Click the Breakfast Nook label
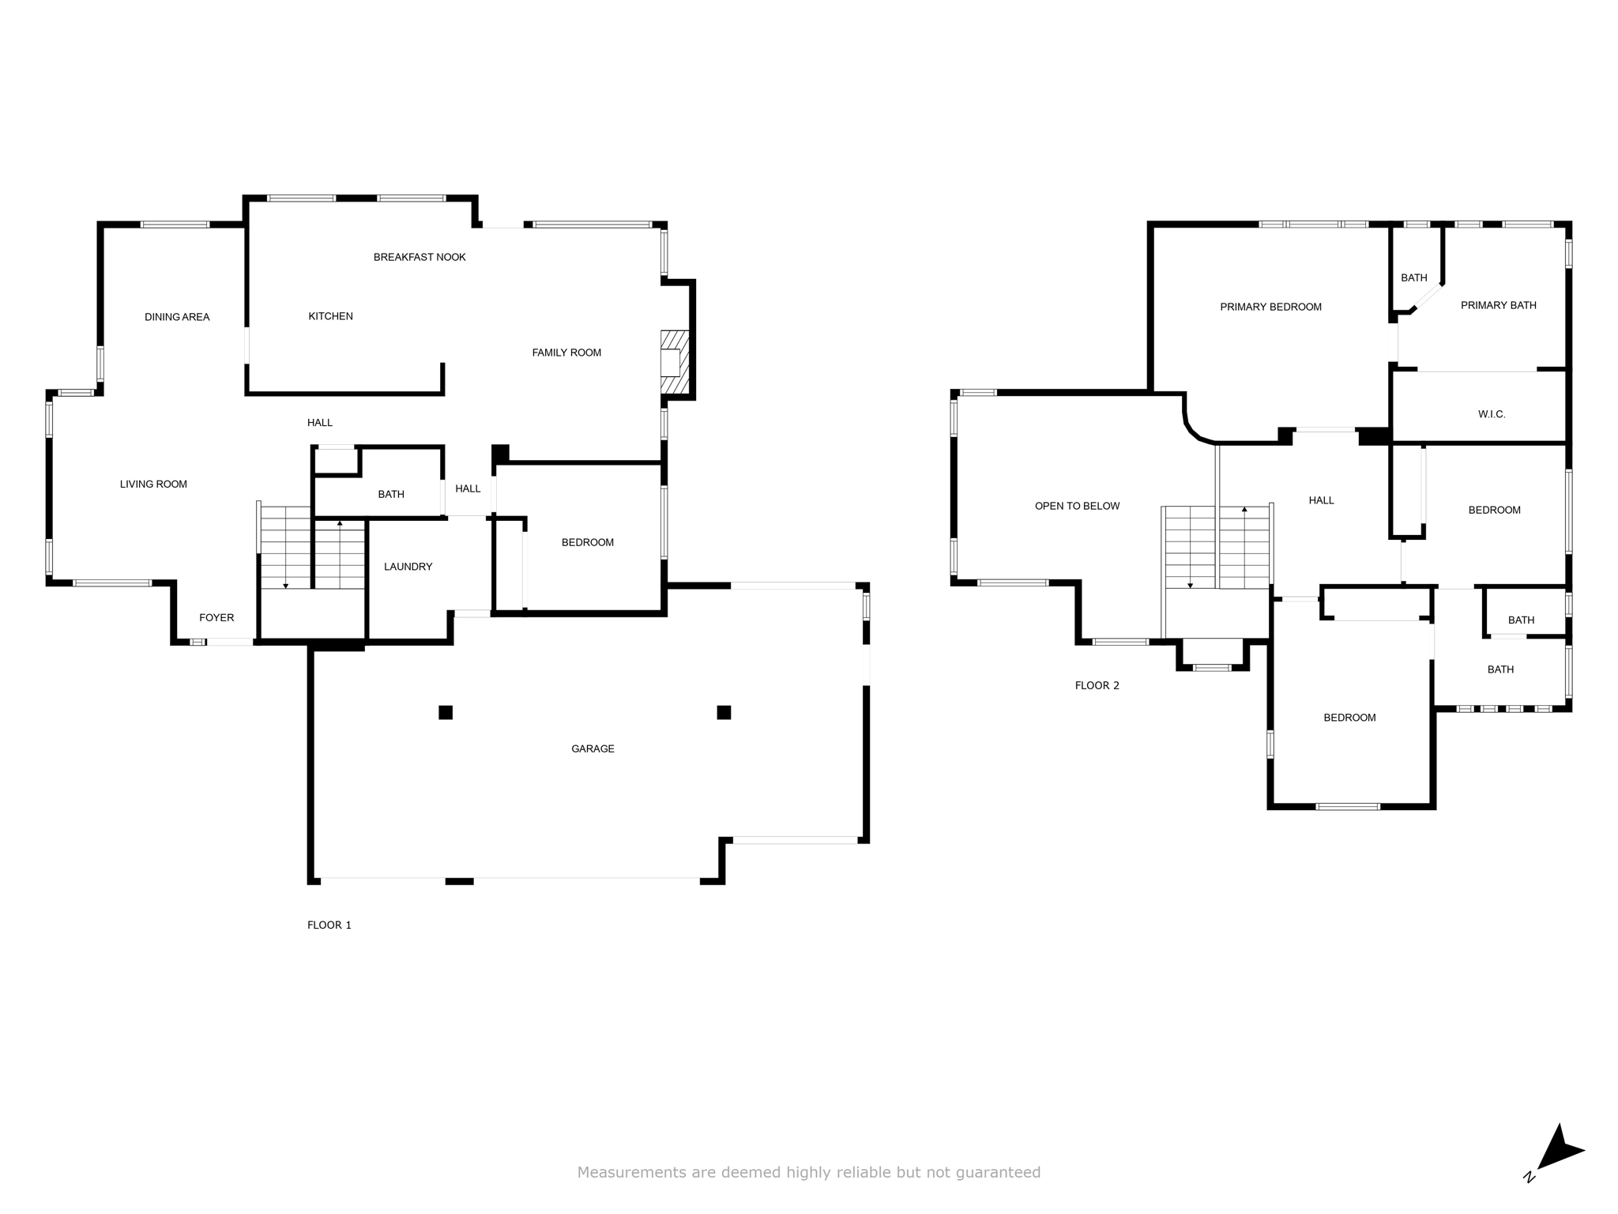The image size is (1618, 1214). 420,257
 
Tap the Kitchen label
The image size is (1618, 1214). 330,316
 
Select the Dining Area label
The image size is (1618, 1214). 177,317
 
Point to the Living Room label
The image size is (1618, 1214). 153,484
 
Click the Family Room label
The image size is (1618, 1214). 566,353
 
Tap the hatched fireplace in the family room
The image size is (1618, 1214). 675,363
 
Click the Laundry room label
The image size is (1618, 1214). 408,566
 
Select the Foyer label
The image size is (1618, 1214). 216,617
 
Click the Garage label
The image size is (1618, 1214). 593,748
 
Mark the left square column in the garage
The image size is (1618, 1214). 446,712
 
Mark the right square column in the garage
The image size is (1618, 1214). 724,712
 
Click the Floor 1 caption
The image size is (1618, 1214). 329,925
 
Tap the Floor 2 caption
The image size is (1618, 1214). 1097,685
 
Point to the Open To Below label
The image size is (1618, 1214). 1078,506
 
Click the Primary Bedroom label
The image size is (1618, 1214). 1270,307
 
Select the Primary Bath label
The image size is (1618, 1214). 1499,305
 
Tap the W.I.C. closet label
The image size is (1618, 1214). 1492,414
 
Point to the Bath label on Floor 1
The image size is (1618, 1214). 391,494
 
